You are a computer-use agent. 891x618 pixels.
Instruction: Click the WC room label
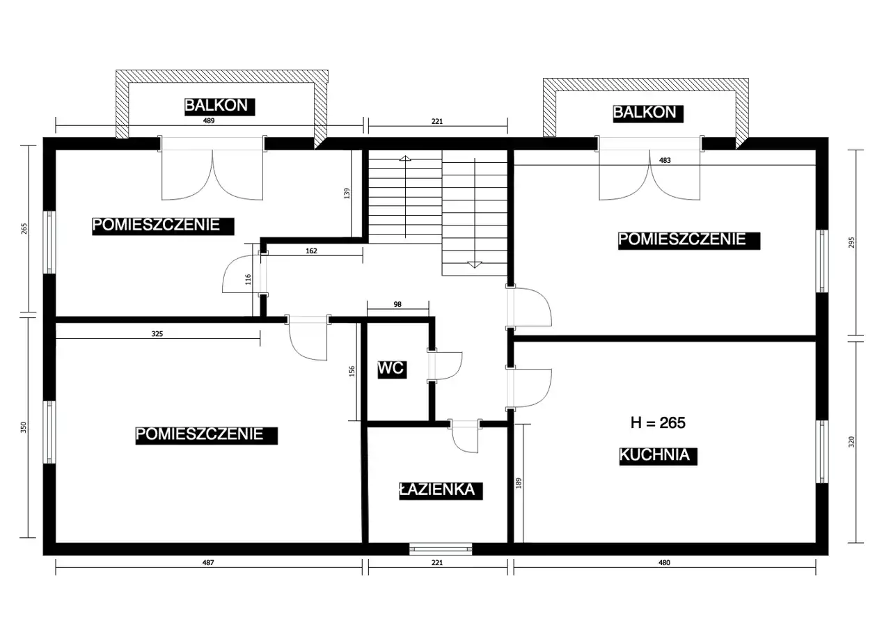(392, 369)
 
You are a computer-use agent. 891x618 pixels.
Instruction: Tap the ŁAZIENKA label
(441, 491)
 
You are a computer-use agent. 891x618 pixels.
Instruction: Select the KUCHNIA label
(658, 456)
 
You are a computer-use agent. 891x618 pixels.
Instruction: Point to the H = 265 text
(658, 422)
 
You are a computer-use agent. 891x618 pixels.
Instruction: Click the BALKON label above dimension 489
(219, 106)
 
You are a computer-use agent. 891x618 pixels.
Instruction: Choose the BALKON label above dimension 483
(648, 113)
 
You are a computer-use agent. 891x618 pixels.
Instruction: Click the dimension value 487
(208, 562)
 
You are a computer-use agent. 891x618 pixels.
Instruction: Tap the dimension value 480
(664, 562)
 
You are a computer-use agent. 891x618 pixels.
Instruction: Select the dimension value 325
(157, 333)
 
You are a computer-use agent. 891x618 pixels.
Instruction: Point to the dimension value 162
(311, 251)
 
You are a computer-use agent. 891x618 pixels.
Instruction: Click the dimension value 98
(397, 304)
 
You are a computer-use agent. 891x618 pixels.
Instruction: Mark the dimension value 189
(519, 483)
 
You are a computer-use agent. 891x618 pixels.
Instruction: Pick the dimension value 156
(352, 372)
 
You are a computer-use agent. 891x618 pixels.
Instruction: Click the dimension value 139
(347, 193)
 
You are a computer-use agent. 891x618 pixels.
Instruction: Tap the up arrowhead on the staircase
(405, 158)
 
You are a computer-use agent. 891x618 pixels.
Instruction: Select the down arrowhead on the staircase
(475, 265)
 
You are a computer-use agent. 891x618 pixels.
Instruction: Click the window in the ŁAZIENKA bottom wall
(441, 549)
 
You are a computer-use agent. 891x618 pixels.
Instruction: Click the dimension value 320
(851, 442)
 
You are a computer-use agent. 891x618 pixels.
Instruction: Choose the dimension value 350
(24, 427)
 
